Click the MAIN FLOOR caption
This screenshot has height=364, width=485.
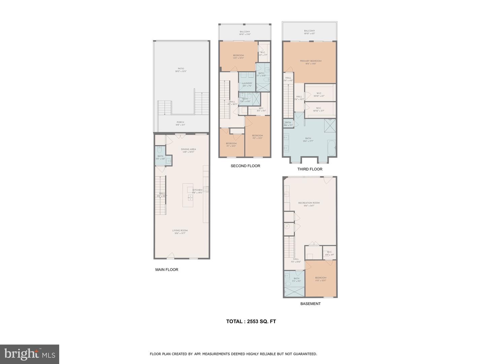click(166, 270)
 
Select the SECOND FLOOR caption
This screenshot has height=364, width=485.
click(245, 166)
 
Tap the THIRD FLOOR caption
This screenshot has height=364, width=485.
click(310, 169)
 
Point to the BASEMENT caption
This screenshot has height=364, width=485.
click(310, 304)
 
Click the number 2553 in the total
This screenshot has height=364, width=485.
click(252, 322)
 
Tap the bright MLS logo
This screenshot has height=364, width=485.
click(30, 354)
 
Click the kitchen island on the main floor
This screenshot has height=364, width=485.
click(188, 195)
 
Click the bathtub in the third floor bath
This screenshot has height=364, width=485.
click(332, 148)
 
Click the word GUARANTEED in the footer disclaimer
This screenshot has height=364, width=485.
click(304, 354)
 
